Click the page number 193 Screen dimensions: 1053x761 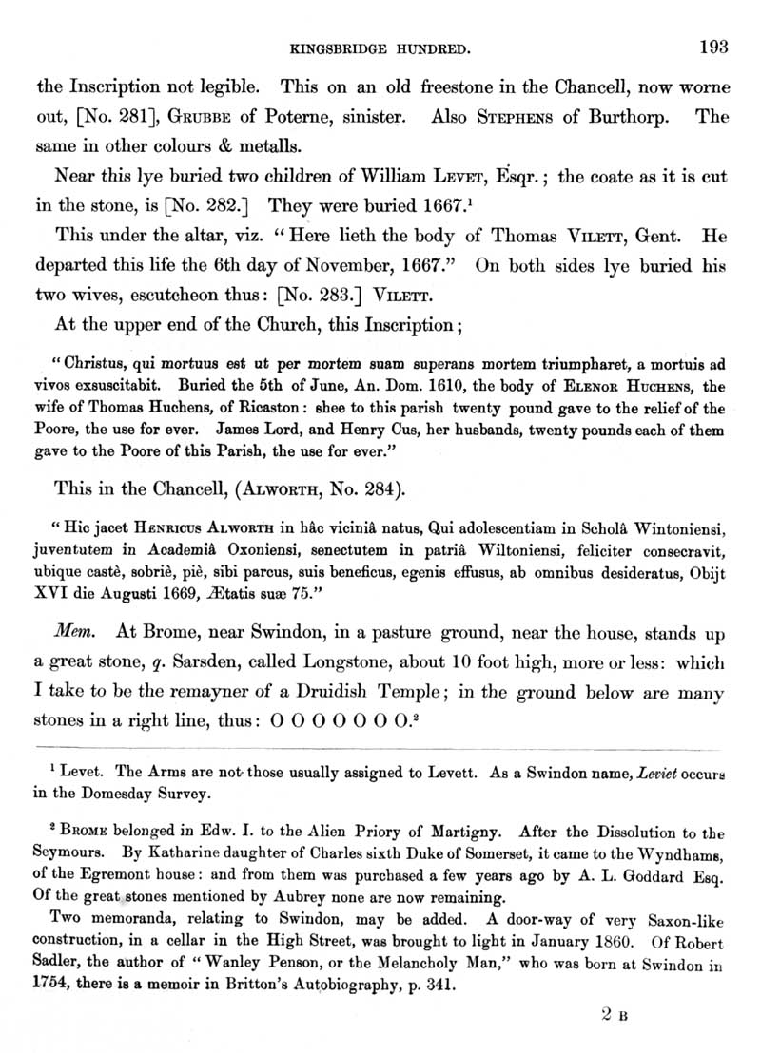[x=712, y=45]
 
